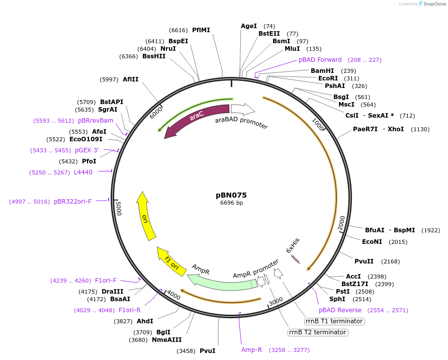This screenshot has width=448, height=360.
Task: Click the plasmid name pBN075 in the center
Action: (x=231, y=195)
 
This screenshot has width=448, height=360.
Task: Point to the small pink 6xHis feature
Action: (x=296, y=259)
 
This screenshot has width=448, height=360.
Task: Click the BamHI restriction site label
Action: (x=322, y=71)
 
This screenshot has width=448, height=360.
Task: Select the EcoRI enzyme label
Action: (x=328, y=78)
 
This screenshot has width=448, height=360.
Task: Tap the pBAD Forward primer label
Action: (x=320, y=60)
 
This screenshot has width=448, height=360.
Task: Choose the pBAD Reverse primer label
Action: (x=340, y=310)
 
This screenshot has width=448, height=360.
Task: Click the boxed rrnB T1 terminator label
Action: (x=334, y=321)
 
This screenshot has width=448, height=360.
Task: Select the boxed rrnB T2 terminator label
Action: (x=317, y=332)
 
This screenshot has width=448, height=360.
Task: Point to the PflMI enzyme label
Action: (x=201, y=30)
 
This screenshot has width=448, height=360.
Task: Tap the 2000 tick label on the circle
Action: (x=341, y=222)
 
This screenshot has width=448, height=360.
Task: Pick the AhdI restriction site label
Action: (x=145, y=321)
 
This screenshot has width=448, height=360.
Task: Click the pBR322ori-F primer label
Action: (x=72, y=202)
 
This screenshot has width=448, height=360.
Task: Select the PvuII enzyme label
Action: (x=364, y=261)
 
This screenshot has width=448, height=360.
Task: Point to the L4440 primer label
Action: (x=83, y=172)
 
